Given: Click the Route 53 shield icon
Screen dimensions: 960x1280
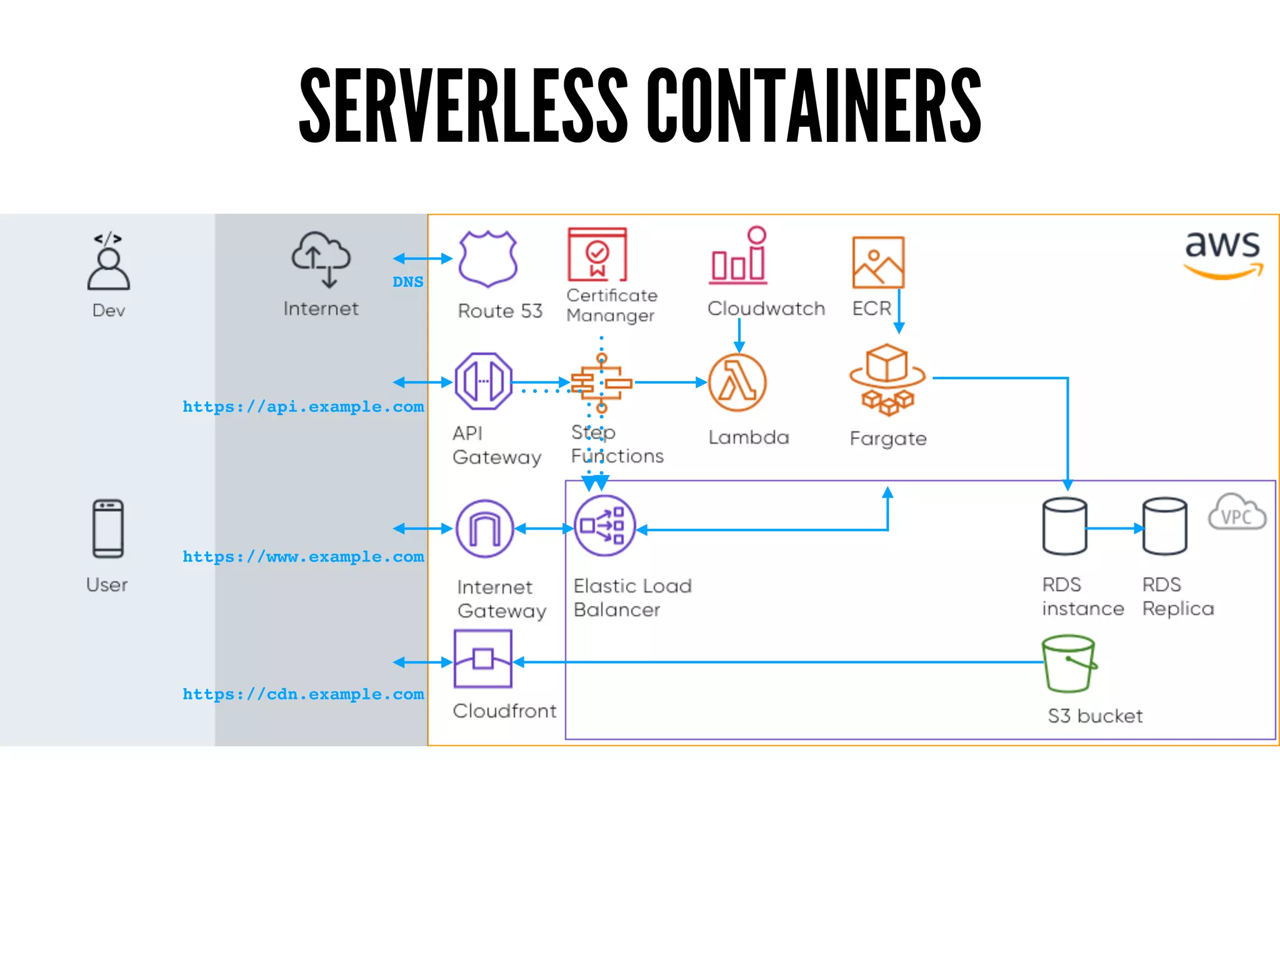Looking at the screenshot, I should [487, 258].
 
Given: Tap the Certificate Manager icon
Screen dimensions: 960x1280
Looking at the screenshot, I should [597, 254].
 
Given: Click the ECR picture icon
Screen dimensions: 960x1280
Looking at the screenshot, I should [877, 262].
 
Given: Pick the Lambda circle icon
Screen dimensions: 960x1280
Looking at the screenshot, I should [737, 382].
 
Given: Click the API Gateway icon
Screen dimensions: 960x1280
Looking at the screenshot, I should [483, 381].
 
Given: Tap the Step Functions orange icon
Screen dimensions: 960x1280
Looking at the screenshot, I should [601, 382].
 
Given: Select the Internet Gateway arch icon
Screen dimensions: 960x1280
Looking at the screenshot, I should [485, 529].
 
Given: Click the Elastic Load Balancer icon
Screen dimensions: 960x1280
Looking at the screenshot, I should [604, 526].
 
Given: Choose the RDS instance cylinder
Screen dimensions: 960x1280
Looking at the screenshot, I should [1064, 526].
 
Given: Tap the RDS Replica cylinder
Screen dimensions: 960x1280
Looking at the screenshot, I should [1164, 526].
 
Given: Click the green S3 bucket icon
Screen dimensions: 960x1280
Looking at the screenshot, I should [1069, 664].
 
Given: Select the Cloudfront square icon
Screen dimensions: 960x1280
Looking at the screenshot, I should [483, 659].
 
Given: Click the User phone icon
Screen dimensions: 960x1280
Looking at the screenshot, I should [108, 529].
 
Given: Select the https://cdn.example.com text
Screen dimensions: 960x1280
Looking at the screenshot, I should [303, 694].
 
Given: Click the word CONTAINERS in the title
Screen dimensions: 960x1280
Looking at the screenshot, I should [814, 105].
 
